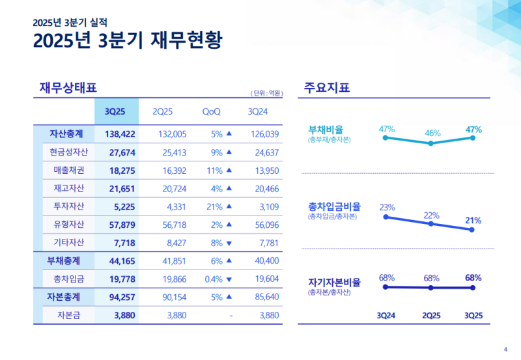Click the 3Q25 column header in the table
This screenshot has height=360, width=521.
[x=116, y=111]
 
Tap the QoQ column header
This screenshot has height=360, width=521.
[x=211, y=111]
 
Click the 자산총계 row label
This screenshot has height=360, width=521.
[x=66, y=134]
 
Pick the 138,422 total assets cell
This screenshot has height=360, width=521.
[x=119, y=134]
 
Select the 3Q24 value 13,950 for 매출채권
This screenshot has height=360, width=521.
[x=264, y=170]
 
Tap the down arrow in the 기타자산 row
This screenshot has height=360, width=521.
[x=229, y=243]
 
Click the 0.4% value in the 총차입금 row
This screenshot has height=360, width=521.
[x=210, y=279]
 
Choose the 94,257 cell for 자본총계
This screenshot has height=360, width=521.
[x=119, y=298]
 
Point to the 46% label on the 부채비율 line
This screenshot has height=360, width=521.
[x=432, y=133]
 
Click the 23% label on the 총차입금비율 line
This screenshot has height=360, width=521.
[x=387, y=207]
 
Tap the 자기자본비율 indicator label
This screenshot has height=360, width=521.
[x=334, y=283]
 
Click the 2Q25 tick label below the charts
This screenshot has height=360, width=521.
[x=431, y=316]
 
